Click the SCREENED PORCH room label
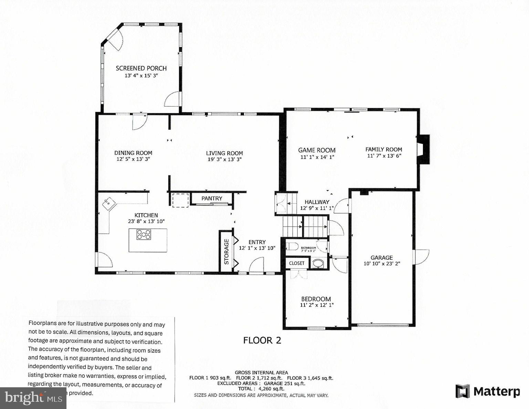tap(141, 68)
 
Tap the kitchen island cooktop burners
tap(144, 235)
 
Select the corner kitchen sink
tap(109, 203)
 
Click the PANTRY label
tap(212, 198)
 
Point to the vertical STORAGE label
tap(227, 251)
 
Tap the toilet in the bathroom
tap(293, 247)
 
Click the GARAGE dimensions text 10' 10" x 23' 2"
tap(382, 263)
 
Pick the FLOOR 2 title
tap(262, 340)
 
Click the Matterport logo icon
tap(463, 391)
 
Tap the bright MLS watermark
tap(33, 398)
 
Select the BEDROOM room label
tap(316, 299)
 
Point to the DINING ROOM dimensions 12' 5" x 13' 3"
tap(133, 159)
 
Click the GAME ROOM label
tap(317, 150)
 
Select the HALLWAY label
tap(317, 202)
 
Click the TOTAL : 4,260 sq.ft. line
tap(261, 389)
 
